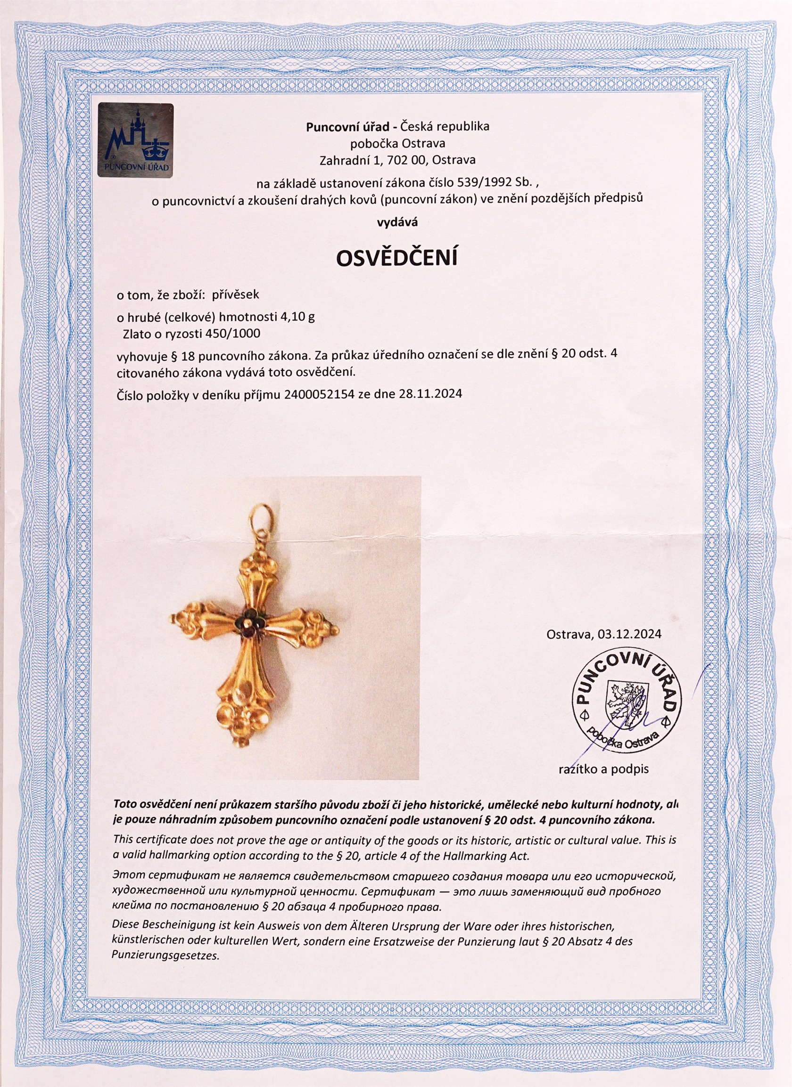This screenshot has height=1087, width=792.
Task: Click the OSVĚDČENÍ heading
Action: tap(396, 258)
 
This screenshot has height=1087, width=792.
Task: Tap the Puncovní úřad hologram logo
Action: tap(136, 140)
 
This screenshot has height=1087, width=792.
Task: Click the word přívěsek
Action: tap(235, 295)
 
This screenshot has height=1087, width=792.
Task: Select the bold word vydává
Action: tap(397, 222)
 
